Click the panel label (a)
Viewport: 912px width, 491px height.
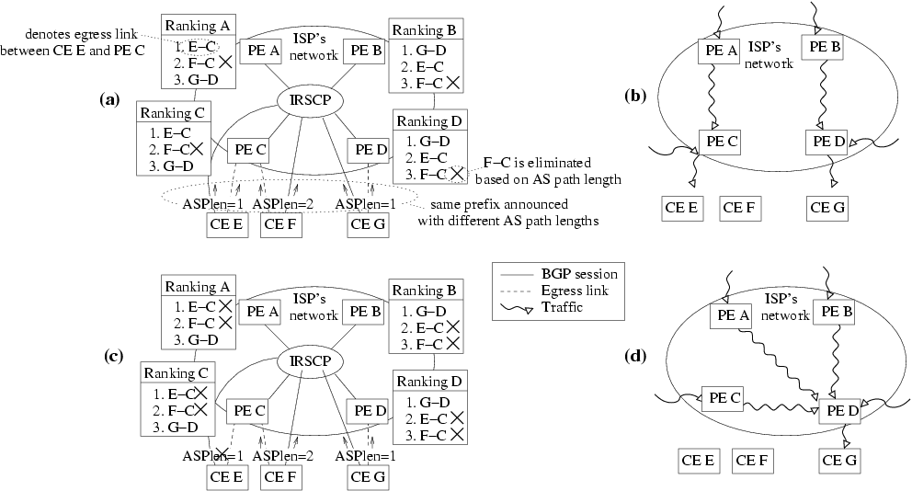(110, 98)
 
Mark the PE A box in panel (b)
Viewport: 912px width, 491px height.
(720, 52)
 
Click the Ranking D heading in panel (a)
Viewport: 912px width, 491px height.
(432, 121)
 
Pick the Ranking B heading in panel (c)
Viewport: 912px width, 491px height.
(427, 291)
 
